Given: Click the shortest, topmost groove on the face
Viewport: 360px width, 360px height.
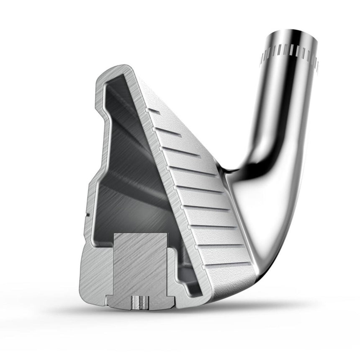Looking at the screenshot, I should (x=154, y=111).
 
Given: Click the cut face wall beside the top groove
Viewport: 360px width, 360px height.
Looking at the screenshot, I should (x=144, y=105).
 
